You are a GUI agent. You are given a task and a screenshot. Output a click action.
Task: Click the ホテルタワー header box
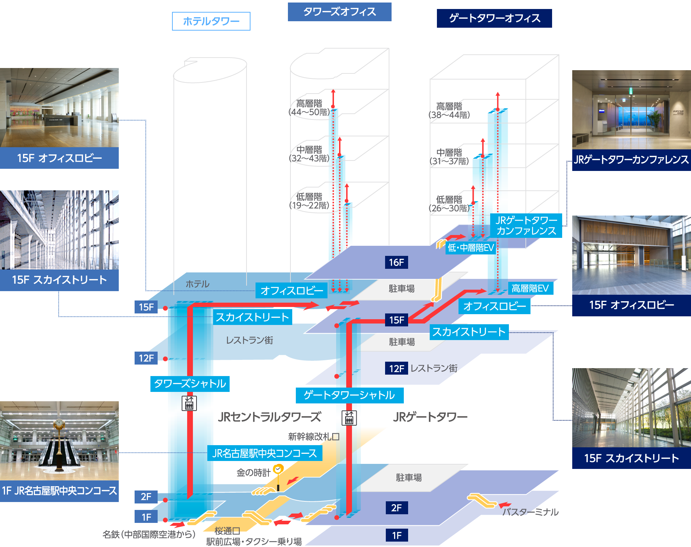pos(211,21)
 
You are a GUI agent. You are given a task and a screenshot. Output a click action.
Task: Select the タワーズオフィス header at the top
pos(339,12)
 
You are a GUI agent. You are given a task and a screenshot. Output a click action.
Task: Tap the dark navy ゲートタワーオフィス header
pos(494,18)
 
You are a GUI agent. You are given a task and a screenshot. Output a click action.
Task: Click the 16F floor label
pos(396,262)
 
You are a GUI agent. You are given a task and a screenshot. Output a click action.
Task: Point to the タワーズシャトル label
pos(190,384)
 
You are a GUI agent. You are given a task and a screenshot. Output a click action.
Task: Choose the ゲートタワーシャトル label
pos(349,395)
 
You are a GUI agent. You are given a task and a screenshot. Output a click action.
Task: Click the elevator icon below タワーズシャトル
pos(189,403)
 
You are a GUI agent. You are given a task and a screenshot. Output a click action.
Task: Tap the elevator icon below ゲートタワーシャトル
pos(349,418)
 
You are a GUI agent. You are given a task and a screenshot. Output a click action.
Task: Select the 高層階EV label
pos(530,288)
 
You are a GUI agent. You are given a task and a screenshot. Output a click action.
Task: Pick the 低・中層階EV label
pos(470,248)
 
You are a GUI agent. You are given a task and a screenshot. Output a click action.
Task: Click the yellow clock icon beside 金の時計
pos(278,469)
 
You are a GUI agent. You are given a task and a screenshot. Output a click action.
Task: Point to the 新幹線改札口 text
pos(313,437)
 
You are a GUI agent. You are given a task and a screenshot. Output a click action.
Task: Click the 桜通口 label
pos(227,531)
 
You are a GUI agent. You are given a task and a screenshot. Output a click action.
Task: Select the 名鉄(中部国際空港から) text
pos(149,534)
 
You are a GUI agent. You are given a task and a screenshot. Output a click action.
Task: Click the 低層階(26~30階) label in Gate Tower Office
pos(449,204)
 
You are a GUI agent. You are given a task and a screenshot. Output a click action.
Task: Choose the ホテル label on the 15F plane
pos(197,284)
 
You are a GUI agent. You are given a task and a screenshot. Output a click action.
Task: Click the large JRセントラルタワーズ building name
pos(269,417)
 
